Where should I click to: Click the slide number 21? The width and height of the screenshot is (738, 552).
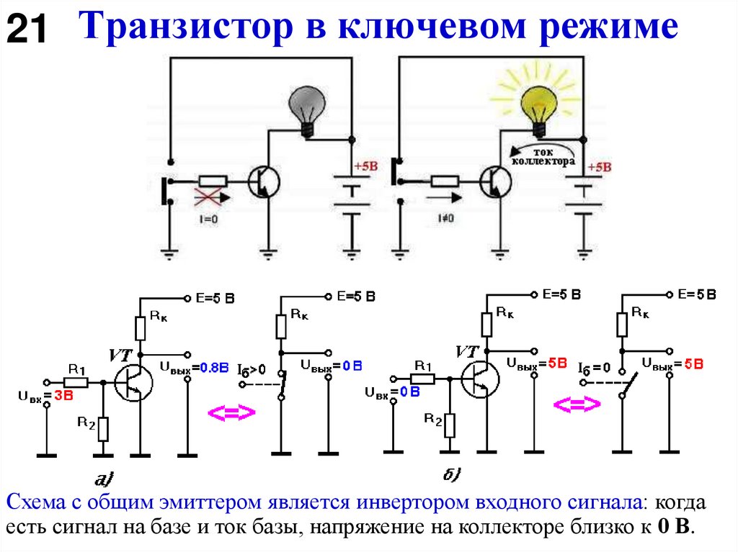27,30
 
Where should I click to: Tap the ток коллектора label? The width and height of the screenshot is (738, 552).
542,157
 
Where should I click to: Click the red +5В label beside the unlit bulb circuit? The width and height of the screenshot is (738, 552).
365,166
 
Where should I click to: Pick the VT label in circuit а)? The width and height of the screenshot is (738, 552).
120,354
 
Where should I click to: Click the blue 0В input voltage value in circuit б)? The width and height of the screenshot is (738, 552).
409,392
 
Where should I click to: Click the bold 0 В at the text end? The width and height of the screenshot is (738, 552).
674,527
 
